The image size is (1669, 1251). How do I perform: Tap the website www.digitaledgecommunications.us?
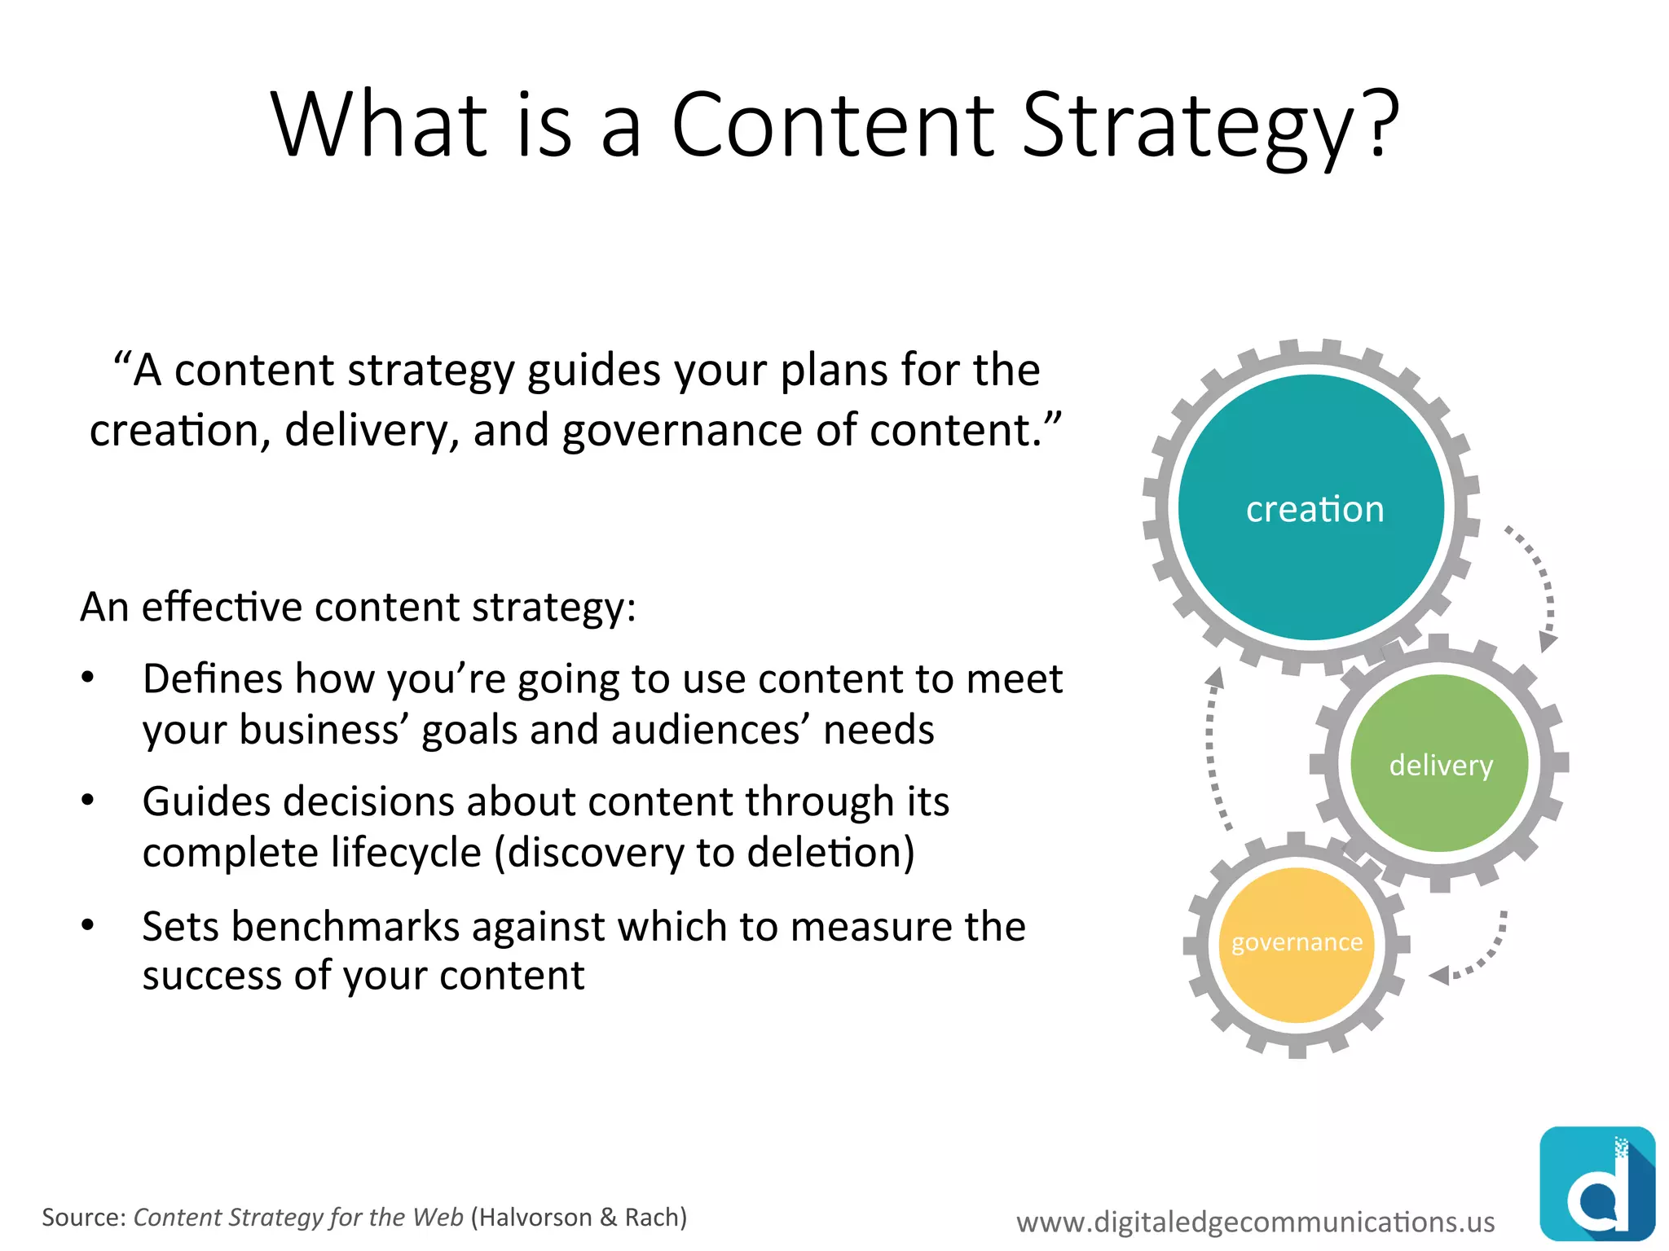1255,1222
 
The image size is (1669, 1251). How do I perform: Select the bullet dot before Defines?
88,678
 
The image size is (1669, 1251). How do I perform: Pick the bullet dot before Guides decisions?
88,801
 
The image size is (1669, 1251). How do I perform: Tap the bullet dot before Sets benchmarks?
88,925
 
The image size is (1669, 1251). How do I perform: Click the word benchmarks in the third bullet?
346,927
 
